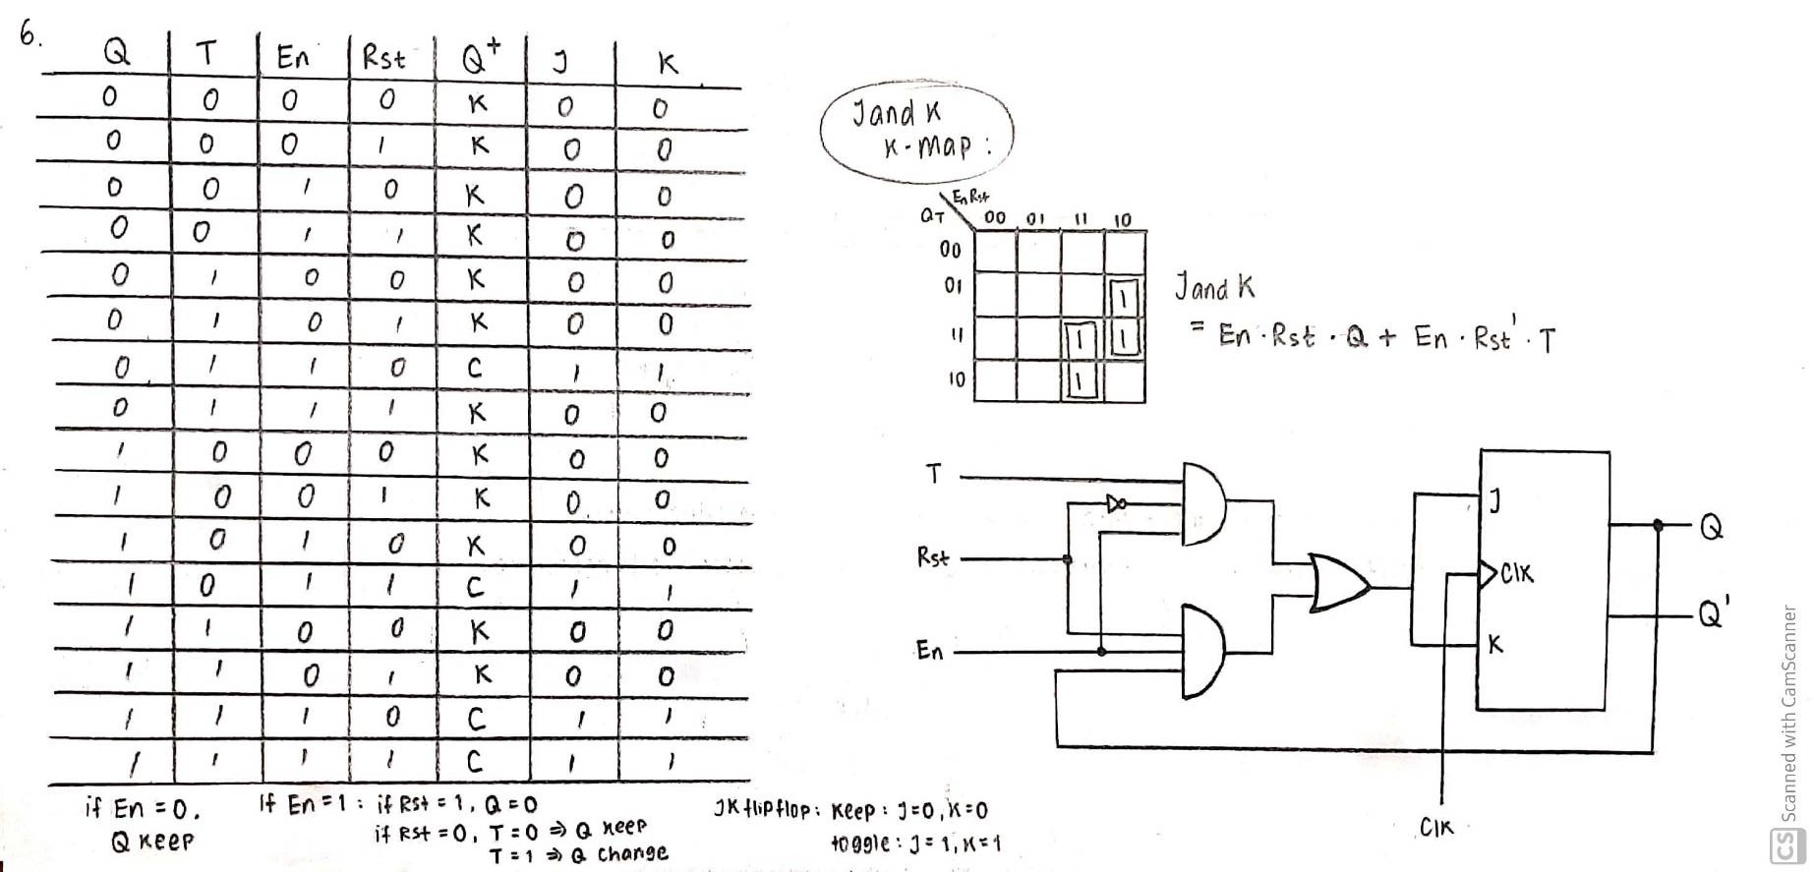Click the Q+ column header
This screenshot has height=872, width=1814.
[481, 60]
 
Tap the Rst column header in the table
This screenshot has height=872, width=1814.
[382, 58]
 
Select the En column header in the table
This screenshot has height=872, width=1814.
[292, 58]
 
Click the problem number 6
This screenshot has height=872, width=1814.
[29, 35]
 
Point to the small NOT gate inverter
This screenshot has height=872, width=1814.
[1116, 503]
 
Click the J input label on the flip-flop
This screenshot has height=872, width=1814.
[1494, 502]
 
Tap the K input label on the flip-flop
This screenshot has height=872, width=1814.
[1494, 645]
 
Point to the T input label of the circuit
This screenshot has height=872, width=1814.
[934, 475]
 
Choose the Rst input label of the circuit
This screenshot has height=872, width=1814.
[932, 558]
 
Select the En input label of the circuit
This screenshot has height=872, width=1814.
[929, 651]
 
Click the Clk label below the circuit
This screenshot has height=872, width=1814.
[1435, 828]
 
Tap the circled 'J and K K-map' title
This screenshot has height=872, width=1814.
[915, 130]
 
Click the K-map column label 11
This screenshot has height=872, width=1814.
[1080, 219]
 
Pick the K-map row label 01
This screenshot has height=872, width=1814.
[953, 286]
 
